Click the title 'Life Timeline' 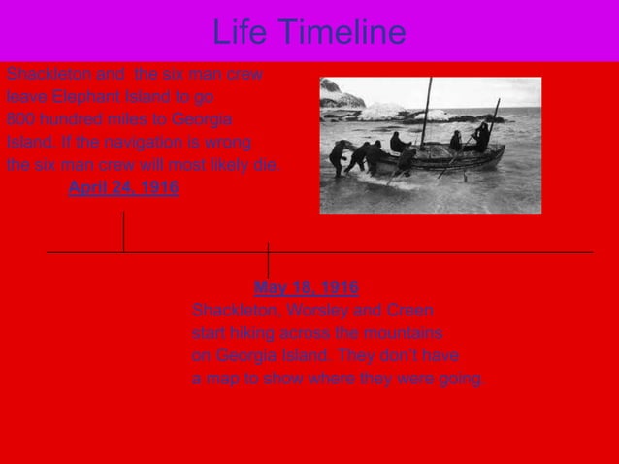[x=309, y=32]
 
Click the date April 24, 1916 [x=123, y=187]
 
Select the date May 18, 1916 [x=306, y=287]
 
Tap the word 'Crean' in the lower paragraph [x=408, y=310]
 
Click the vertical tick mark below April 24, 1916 [x=123, y=231]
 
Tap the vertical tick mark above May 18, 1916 [x=268, y=259]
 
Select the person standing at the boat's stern [x=482, y=137]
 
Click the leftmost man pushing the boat [x=338, y=156]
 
